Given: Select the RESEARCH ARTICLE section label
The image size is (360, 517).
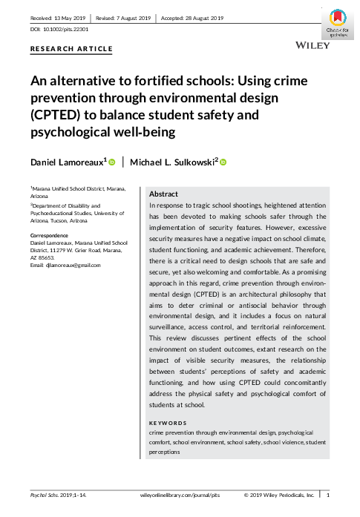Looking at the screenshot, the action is (71, 49).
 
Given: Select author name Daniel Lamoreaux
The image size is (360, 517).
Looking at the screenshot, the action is (67, 162).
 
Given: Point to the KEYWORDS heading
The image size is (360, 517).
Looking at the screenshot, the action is (168, 423).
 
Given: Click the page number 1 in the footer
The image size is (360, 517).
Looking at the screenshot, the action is (329, 493).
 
